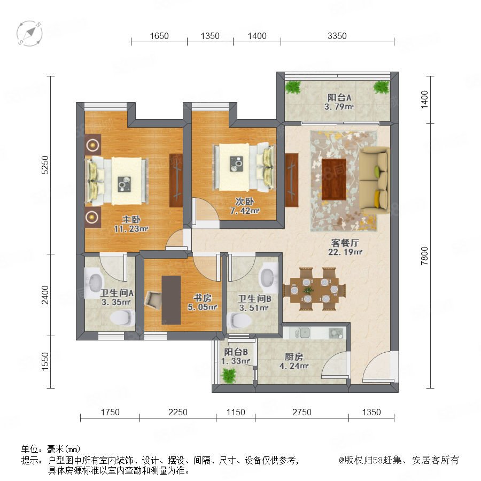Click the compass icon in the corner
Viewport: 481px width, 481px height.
tap(29, 33)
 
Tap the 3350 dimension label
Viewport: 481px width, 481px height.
tap(337, 36)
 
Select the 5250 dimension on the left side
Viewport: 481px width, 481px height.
tap(45, 165)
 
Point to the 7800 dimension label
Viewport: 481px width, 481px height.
tap(424, 256)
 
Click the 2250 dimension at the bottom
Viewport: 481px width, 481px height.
tap(177, 412)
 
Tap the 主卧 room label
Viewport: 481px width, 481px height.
tap(131, 219)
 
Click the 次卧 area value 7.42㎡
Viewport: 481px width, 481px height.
tap(245, 211)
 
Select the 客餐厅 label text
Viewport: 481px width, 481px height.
tap(345, 243)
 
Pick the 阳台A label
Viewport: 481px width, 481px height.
tap(339, 98)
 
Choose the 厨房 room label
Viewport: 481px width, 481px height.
tap(294, 357)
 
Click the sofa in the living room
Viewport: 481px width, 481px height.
tap(374, 180)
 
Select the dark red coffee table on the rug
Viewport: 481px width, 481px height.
tap(333, 179)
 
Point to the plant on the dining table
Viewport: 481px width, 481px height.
tap(308, 290)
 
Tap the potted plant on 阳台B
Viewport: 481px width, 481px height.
tap(229, 375)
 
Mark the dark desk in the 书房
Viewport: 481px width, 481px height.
tap(171, 300)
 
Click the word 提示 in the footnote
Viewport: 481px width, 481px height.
tap(30, 460)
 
